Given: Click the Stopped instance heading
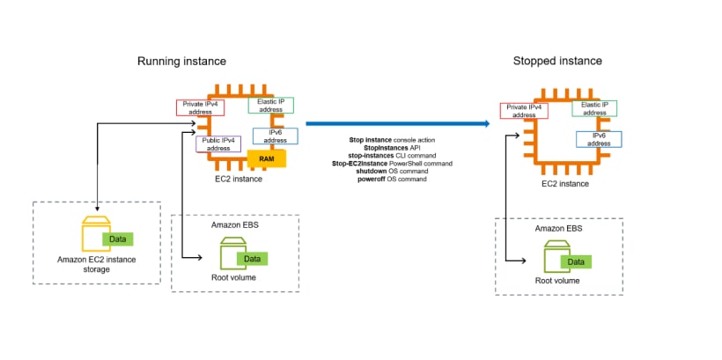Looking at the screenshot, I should (556, 61).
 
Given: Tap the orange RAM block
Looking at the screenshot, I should (265, 159).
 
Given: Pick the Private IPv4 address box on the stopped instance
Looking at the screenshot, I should (524, 111).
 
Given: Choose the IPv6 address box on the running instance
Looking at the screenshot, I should (275, 136).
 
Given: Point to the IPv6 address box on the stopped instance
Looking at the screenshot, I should (600, 140).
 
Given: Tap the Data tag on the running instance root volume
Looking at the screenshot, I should (251, 258).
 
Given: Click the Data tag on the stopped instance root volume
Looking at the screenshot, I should (576, 261).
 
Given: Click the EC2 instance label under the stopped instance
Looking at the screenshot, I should (565, 183).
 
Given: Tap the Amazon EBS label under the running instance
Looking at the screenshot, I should (235, 225).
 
